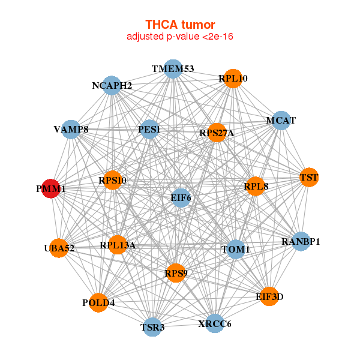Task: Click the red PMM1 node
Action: [x=51, y=188]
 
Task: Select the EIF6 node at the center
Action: [x=181, y=198]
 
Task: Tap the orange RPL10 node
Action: [x=233, y=79]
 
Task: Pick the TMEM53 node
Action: [x=173, y=69]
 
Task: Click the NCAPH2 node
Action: [x=112, y=85]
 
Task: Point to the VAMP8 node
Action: [x=71, y=129]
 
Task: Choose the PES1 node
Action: [x=149, y=129]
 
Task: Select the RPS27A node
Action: [x=217, y=133]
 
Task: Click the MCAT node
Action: [x=281, y=121]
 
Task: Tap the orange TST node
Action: [x=309, y=177]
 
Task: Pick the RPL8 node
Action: [x=256, y=186]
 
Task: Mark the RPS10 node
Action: [x=113, y=180]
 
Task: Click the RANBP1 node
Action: [x=301, y=241]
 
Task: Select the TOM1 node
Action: [x=236, y=250]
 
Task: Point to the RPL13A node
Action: [x=118, y=245]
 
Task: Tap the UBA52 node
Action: [x=59, y=248]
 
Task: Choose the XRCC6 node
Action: [x=215, y=323]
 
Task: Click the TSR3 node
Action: [x=152, y=327]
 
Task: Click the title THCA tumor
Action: [x=180, y=25]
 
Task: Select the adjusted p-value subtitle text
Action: [x=180, y=37]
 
